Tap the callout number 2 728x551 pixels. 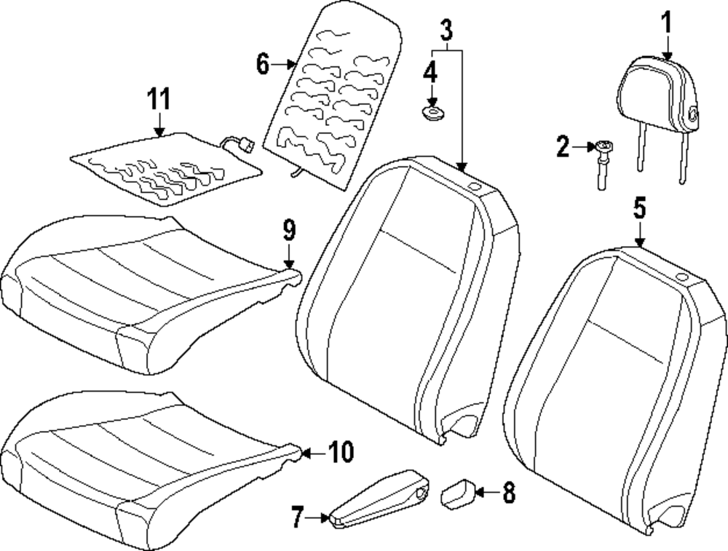click(x=563, y=148)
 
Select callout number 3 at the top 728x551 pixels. click(x=446, y=30)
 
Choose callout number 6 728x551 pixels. click(x=263, y=64)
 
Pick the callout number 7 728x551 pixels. click(x=296, y=518)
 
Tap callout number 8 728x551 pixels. click(x=507, y=493)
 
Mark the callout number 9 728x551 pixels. click(x=289, y=231)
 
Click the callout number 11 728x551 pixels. click(x=159, y=99)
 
